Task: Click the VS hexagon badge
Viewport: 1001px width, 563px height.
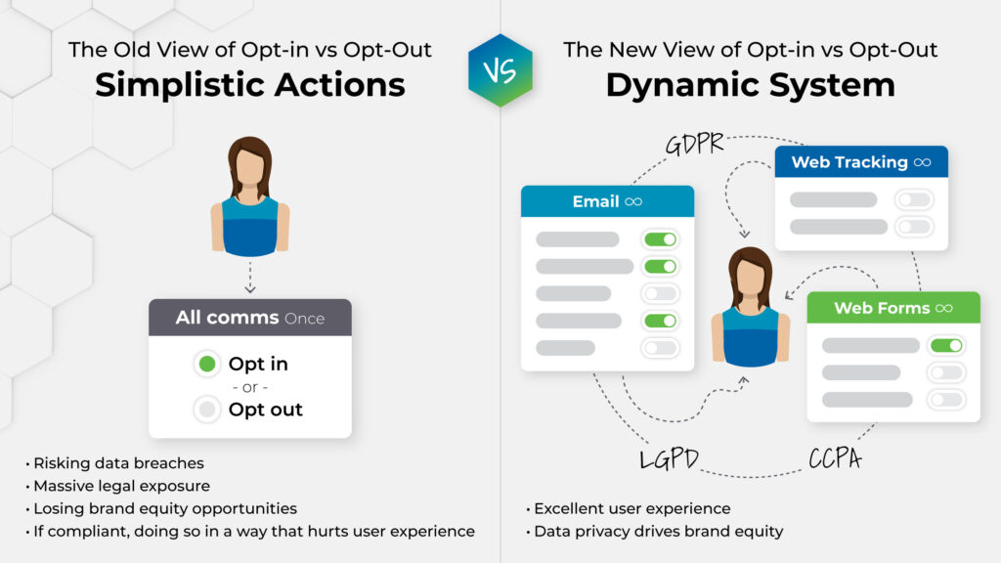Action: pos(500,70)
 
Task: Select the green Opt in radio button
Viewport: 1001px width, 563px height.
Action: pos(206,365)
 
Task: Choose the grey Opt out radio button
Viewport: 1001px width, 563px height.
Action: pos(206,410)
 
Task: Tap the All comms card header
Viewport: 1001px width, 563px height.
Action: pos(249,318)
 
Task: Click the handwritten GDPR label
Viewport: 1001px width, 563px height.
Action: pos(694,143)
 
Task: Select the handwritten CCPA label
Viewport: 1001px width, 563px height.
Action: pos(834,458)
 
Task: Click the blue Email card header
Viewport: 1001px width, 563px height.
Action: pos(607,201)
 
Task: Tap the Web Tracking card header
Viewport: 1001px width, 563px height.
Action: pos(860,162)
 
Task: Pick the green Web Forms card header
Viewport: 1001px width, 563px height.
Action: pos(892,308)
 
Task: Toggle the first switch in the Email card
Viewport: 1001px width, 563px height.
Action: pos(660,239)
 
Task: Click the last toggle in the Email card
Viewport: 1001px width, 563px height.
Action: pos(660,348)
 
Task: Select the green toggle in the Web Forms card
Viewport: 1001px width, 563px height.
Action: pos(946,345)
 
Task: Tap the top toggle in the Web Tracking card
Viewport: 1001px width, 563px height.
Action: pos(914,199)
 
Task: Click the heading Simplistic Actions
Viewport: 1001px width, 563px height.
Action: pos(249,84)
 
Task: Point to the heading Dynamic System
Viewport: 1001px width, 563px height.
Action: pos(750,84)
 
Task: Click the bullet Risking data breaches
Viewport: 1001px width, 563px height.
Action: pos(118,463)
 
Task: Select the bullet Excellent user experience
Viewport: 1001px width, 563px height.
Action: pos(631,508)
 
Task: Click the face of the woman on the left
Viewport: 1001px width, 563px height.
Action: pos(249,169)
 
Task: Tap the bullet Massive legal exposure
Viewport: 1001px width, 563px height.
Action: pos(121,486)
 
